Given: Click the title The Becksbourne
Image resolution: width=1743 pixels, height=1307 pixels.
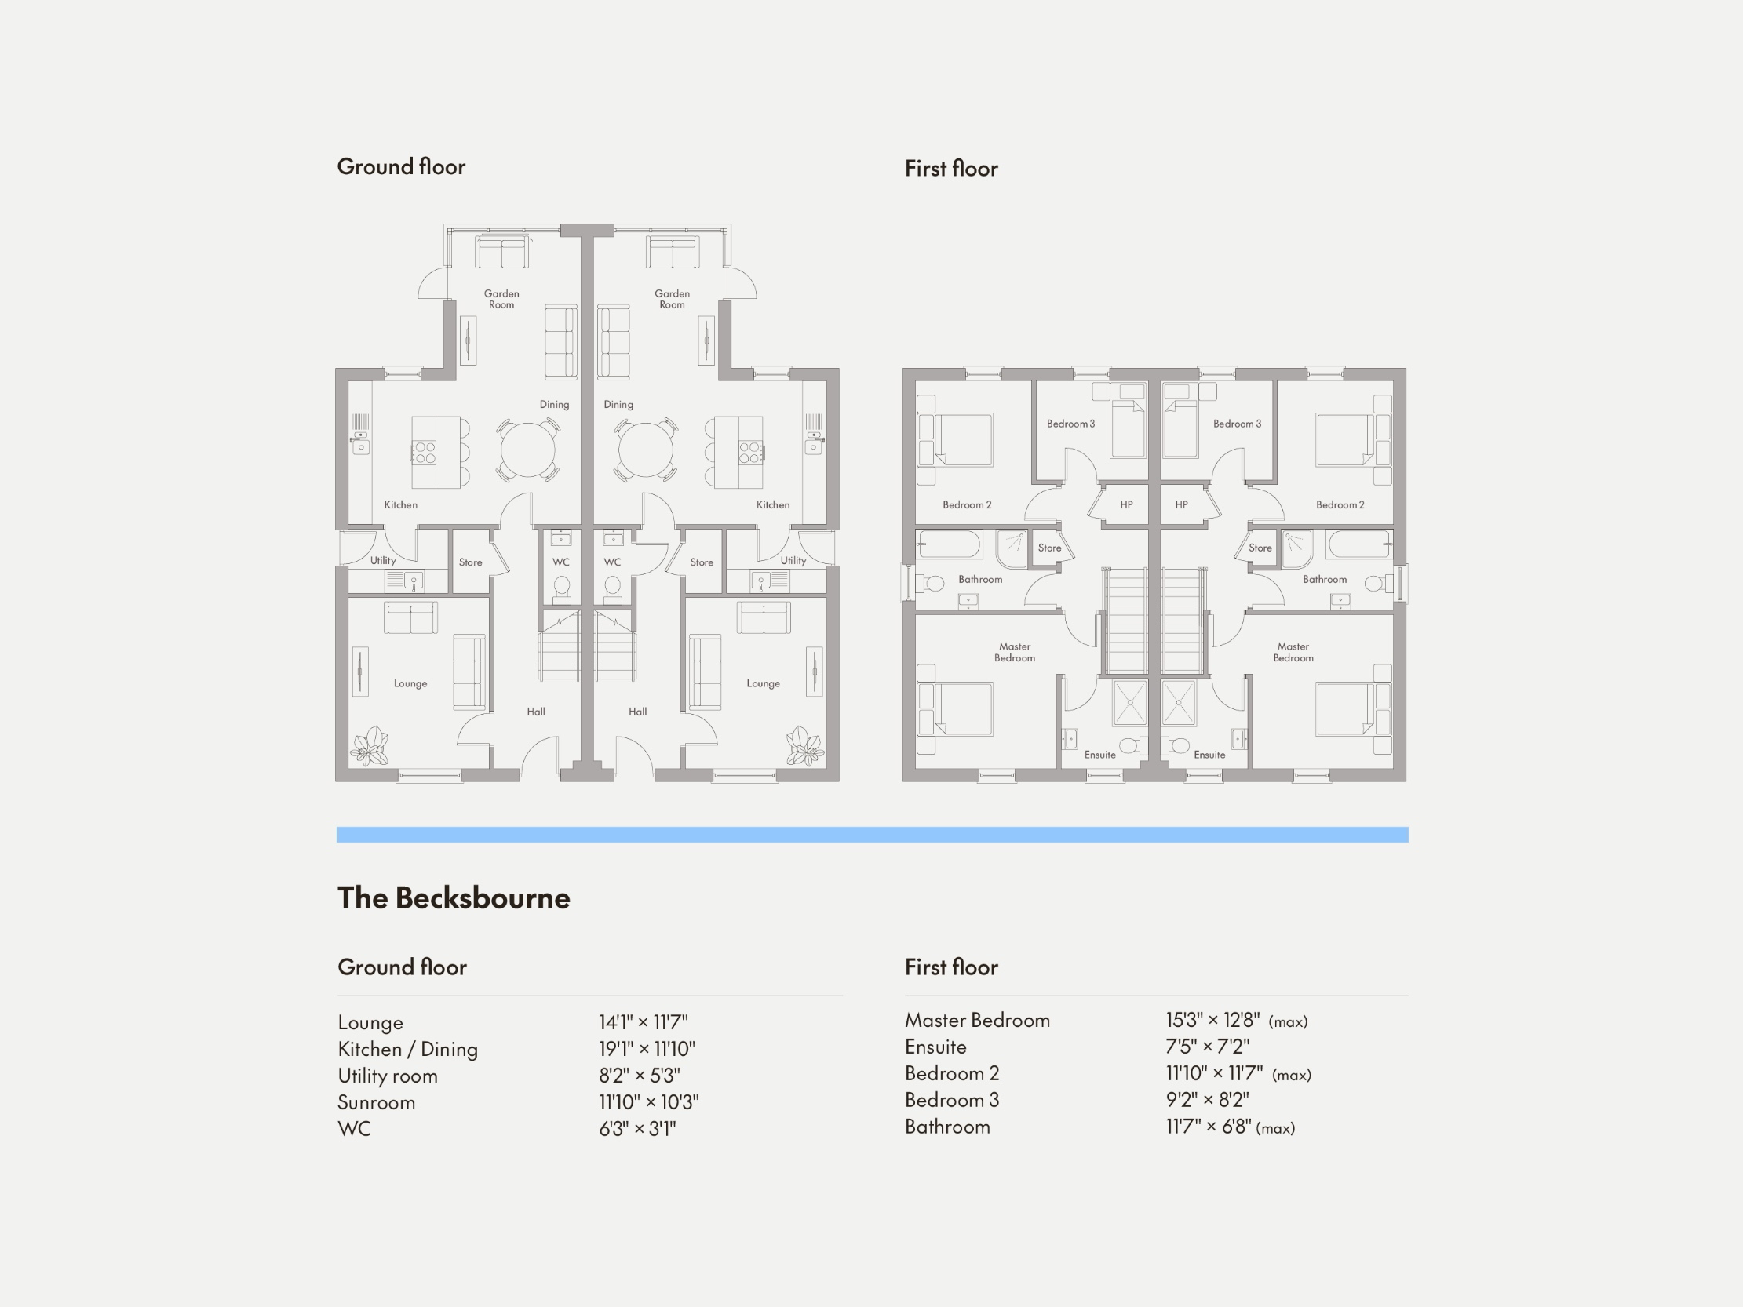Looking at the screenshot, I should tap(453, 898).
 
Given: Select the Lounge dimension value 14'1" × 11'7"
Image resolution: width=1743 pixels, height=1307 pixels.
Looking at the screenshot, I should tap(643, 1022).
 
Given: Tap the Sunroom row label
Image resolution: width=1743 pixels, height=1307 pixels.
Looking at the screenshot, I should tap(376, 1102).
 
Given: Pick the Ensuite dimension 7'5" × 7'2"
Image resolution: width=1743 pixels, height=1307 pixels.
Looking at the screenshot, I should tap(1207, 1047).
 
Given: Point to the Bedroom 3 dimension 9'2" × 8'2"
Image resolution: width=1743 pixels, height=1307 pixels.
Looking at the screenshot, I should tap(1207, 1100).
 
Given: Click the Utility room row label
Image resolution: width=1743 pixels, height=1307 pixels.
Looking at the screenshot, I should tap(387, 1076).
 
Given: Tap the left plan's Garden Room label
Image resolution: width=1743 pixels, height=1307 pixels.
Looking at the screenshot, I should tap(501, 300).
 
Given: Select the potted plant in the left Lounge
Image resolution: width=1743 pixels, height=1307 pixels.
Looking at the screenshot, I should tap(370, 746).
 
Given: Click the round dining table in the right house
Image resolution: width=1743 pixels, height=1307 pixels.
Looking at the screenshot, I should tap(645, 450).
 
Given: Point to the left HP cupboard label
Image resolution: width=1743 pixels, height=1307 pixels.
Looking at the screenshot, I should tap(1126, 505).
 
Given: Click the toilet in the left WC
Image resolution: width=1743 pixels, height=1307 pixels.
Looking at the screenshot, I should tap(562, 588).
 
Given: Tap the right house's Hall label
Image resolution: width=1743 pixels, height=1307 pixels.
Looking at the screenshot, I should tap(637, 712).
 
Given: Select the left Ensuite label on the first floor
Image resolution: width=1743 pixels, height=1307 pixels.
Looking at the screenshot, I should tap(1099, 755).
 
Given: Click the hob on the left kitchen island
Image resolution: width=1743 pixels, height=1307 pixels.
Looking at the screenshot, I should tap(425, 452).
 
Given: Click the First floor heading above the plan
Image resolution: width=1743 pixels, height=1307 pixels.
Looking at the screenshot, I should tap(950, 169).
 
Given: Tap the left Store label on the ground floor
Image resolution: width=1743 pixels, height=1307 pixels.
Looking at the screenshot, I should tap(470, 562).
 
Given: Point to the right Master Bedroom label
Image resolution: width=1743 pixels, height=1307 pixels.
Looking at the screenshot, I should tap(1293, 652).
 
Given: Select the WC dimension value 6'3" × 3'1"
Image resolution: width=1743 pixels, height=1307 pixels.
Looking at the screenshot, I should tap(637, 1129).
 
